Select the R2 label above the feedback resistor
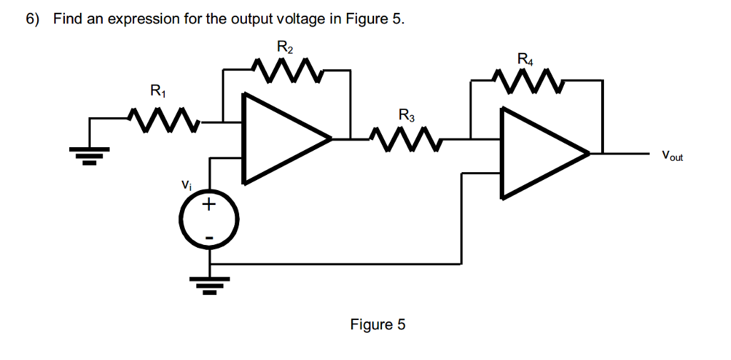[x=285, y=49]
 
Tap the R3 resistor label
[x=406, y=114]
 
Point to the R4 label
[x=525, y=59]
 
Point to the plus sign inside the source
[x=208, y=206]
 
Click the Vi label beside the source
[x=186, y=184]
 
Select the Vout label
[x=672, y=155]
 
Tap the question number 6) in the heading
[x=33, y=19]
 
